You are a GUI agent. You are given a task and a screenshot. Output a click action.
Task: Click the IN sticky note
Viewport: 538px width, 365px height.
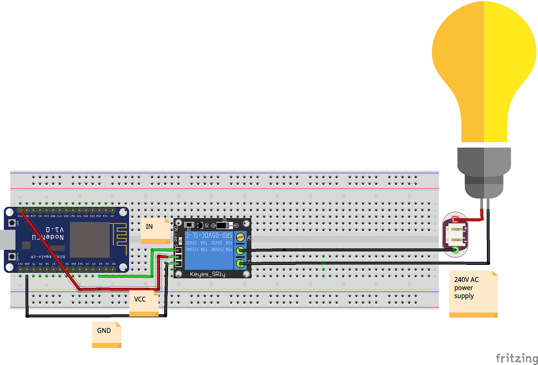155,230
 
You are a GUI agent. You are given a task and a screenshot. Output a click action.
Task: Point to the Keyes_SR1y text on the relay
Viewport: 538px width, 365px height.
208,274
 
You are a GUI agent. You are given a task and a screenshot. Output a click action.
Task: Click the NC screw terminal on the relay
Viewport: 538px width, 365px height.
241,237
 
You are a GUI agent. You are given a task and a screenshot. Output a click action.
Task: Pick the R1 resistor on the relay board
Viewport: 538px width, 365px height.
189,225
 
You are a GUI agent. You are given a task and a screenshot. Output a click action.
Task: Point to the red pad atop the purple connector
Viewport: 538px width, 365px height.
456,220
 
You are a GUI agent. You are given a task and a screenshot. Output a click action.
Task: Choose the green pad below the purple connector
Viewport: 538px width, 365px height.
456,251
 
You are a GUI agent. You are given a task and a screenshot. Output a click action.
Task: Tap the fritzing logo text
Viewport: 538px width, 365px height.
516,358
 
